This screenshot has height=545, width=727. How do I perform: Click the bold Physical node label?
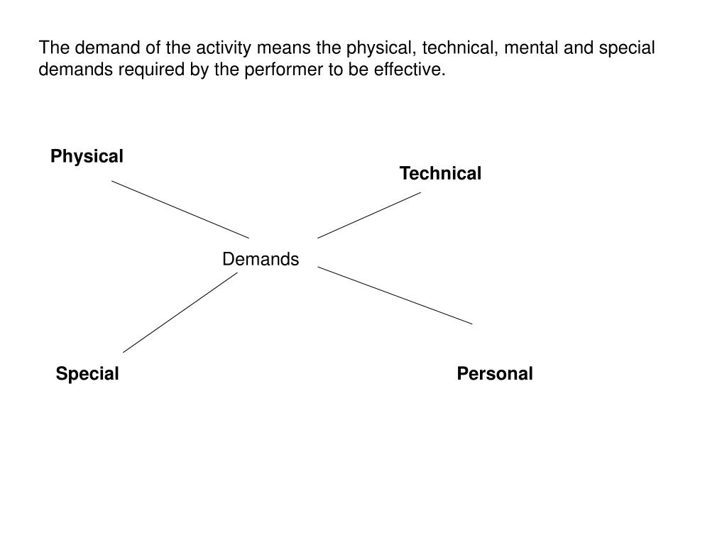coord(87,156)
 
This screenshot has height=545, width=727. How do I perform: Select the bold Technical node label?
coord(440,173)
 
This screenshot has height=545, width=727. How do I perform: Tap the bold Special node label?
coord(87,373)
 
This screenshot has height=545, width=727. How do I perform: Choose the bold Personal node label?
coord(495,373)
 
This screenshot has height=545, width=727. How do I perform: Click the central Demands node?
coord(261,259)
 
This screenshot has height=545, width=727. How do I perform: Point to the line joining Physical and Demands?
coord(180,209)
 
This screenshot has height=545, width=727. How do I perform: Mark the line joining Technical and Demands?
coord(369,215)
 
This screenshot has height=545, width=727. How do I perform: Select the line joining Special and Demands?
coord(180,312)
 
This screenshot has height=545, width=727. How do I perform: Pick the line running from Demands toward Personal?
coord(395,295)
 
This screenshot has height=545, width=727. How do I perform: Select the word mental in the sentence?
coord(537,49)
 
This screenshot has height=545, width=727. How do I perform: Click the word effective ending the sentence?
coord(415,70)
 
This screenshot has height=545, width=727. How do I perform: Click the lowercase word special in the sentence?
coord(627,49)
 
